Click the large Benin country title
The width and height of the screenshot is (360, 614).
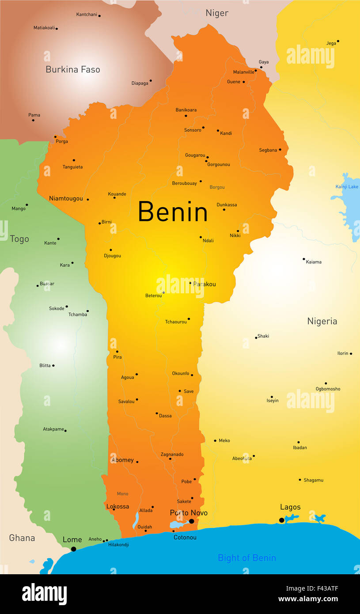(x=173, y=212)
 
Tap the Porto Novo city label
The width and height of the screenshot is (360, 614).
(x=189, y=513)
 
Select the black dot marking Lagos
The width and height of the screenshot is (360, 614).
(x=282, y=520)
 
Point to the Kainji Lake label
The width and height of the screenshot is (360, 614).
(x=347, y=187)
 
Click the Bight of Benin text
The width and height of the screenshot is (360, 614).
(x=247, y=558)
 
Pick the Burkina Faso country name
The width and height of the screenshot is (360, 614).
(x=73, y=69)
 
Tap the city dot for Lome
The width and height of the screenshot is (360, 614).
(x=73, y=549)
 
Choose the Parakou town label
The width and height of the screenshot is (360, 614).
(x=204, y=284)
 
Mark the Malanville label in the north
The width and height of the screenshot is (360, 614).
(x=244, y=72)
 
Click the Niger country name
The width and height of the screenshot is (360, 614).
(x=217, y=13)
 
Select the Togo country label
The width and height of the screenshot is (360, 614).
(x=19, y=239)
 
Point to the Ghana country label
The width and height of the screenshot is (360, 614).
(x=22, y=538)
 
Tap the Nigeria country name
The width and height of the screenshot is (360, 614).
(x=322, y=322)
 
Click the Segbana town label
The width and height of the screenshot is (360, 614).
(x=268, y=150)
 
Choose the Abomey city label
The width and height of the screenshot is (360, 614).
(x=122, y=460)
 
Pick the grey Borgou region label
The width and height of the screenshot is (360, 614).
(x=217, y=187)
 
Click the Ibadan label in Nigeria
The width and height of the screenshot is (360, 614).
(x=299, y=447)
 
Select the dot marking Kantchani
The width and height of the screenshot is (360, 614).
(x=99, y=16)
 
